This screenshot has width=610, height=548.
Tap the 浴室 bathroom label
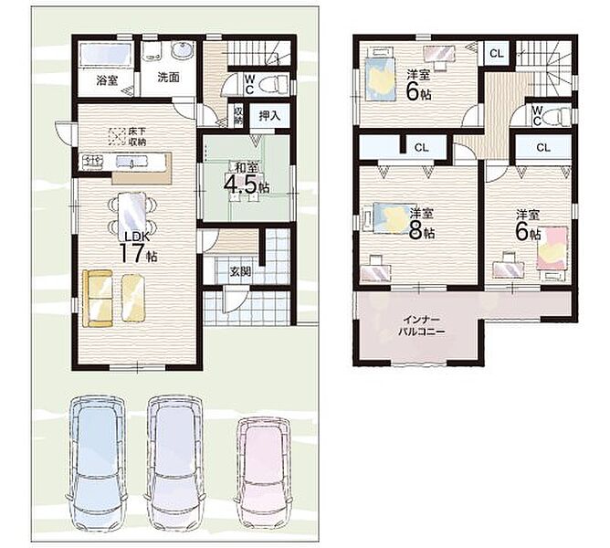coord(108,81)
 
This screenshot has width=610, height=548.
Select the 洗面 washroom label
coord(168,77)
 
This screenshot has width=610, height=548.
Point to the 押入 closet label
coord(269,116)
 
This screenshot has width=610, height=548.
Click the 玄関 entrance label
coord(239,271)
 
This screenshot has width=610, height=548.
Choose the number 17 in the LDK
coord(131,252)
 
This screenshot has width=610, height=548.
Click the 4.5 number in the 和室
coord(241,184)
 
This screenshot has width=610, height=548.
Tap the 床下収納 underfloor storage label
coord(137,136)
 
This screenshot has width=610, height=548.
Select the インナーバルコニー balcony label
coord(421,326)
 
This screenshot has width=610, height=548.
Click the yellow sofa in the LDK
coord(98,299)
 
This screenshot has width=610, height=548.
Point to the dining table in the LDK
coord(133,216)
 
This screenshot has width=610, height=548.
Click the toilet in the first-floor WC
coord(277,84)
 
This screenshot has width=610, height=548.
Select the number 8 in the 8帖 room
coord(415,231)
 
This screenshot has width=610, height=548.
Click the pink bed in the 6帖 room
coord(552,248)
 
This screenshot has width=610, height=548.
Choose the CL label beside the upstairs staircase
coord(497,53)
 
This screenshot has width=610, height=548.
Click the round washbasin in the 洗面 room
coord(183,51)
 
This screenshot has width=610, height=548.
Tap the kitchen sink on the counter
coord(132,161)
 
